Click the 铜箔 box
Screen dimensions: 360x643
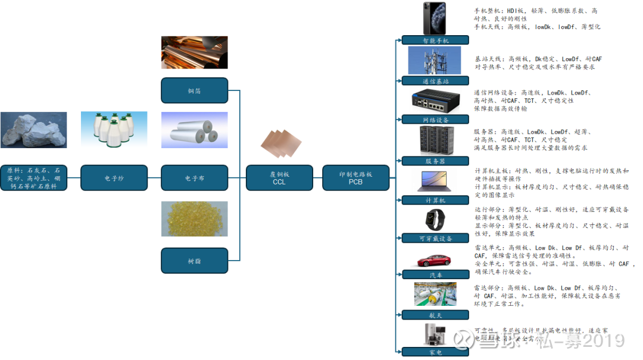(194, 90)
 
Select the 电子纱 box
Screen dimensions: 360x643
(114, 178)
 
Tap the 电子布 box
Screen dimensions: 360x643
(194, 178)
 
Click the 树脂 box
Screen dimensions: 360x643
(194, 261)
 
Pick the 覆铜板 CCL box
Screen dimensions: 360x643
(279, 178)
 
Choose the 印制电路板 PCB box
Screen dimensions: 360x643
(355, 178)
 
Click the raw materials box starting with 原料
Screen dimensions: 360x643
(33, 178)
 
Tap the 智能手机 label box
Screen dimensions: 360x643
(435, 40)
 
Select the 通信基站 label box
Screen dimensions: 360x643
(435, 80)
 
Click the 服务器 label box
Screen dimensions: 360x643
(435, 161)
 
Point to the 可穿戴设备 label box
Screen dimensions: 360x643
(435, 238)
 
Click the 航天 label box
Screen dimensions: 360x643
(435, 315)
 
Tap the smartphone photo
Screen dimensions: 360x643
(435, 18)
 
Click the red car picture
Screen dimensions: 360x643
(435, 260)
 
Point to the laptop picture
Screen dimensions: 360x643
(435, 181)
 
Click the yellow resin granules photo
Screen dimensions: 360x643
(194, 218)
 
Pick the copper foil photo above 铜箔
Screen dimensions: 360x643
(194, 52)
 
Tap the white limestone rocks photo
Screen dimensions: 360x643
(33, 130)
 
